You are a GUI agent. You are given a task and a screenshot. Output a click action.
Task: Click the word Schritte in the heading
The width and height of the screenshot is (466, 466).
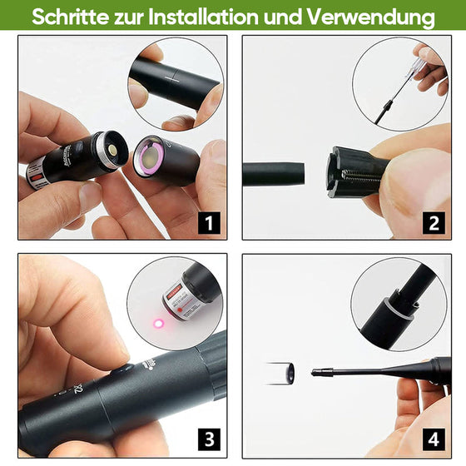click(72, 17)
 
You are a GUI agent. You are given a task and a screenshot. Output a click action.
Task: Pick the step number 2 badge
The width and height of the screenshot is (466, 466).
click(434, 223)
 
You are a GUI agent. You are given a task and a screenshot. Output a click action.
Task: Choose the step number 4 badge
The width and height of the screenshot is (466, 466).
click(434, 439)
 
